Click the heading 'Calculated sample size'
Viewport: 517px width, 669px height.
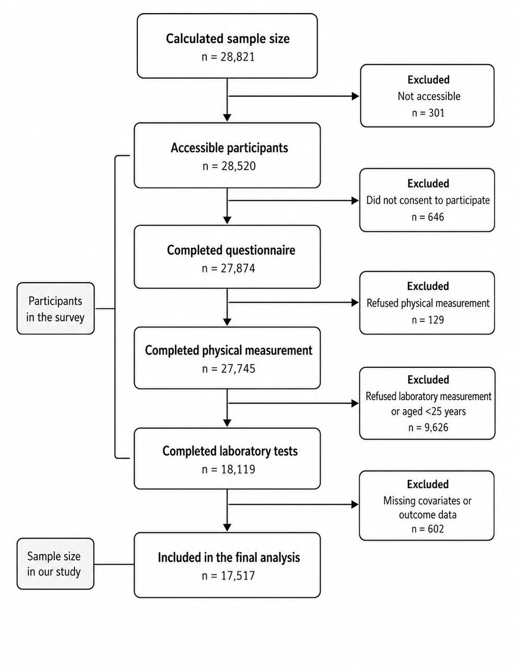click(x=228, y=39)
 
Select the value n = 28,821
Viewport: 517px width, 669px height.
click(x=228, y=57)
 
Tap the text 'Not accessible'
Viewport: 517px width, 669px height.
click(x=429, y=96)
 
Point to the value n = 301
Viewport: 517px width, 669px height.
click(x=428, y=113)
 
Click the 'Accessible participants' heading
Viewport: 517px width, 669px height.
click(x=229, y=148)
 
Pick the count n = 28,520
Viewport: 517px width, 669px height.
click(x=229, y=166)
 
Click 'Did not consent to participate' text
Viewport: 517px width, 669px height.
click(x=428, y=200)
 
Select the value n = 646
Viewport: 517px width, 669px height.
click(x=428, y=217)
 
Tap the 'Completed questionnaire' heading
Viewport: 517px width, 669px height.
click(x=231, y=250)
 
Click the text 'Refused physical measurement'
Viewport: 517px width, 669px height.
click(x=428, y=303)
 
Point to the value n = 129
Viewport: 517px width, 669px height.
click(x=428, y=319)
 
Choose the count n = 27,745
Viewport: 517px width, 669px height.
click(x=229, y=368)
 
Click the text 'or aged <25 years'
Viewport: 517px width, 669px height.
click(x=428, y=411)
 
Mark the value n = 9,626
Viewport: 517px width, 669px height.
click(x=428, y=428)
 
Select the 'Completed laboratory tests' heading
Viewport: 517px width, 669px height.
click(x=230, y=451)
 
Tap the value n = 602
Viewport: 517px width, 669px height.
click(x=428, y=529)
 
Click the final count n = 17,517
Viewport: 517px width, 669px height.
click(x=229, y=575)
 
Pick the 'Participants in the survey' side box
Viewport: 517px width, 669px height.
click(x=55, y=308)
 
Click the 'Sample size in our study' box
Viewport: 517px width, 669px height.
click(x=55, y=564)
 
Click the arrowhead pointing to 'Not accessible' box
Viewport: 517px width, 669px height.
click(x=355, y=96)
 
